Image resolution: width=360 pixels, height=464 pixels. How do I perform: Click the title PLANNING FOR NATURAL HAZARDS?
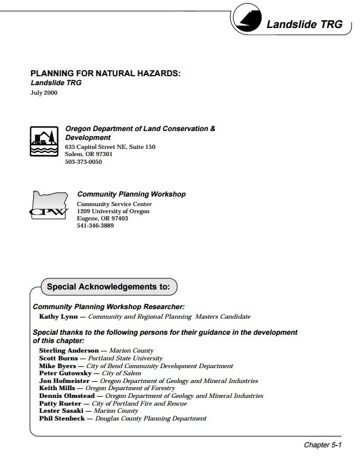[x=105, y=73]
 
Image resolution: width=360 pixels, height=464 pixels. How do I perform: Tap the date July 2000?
[x=44, y=94]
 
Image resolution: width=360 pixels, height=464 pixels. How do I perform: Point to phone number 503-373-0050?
[x=84, y=161]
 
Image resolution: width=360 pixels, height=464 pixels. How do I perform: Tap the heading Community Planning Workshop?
[x=131, y=194]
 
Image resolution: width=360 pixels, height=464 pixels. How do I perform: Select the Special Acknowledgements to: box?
[x=108, y=286]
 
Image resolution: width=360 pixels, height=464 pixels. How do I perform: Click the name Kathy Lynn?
[x=55, y=317]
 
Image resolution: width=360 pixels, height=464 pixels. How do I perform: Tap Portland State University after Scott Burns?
[x=125, y=359]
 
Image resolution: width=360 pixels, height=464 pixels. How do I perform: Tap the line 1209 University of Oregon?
[x=113, y=211]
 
